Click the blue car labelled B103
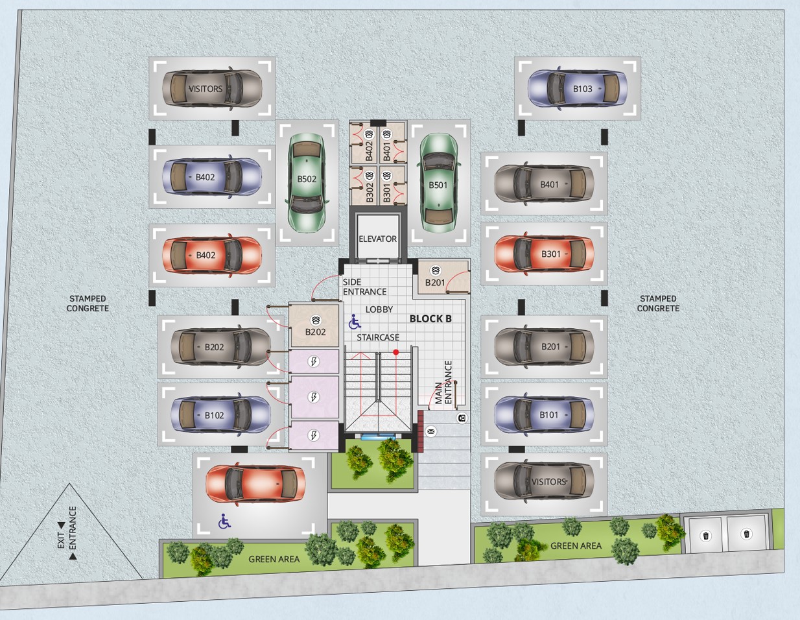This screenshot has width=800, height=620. (x=578, y=89)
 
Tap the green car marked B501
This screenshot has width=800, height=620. (x=438, y=183)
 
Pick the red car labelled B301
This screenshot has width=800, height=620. (x=544, y=254)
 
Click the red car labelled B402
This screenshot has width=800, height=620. (x=212, y=255)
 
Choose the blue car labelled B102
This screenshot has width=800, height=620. (x=220, y=415)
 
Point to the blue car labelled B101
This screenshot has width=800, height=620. (x=544, y=415)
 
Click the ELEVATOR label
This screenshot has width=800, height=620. (x=378, y=239)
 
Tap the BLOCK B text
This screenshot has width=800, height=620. (x=430, y=319)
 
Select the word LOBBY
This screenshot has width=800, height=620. (x=379, y=309)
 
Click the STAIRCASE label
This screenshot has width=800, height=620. (x=378, y=337)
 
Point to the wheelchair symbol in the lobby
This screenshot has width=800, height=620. (x=355, y=322)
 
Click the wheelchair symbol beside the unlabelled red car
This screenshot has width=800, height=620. (x=224, y=521)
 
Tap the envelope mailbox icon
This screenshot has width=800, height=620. (x=430, y=431)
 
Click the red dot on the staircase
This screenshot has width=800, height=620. (x=395, y=352)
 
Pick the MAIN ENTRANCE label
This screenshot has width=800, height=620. (x=443, y=383)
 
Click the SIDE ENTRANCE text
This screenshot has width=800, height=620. (x=364, y=287)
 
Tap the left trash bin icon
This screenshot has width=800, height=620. (x=706, y=536)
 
